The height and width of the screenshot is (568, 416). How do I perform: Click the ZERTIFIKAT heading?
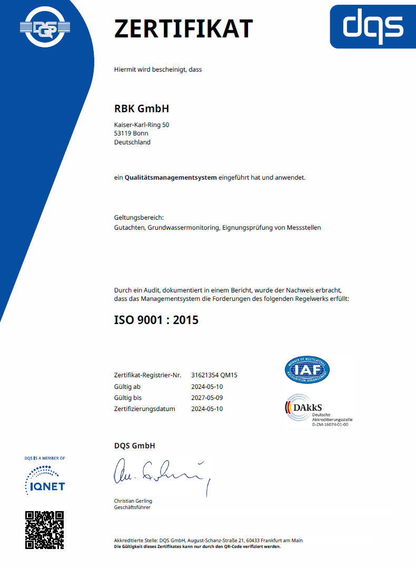coord(183,28)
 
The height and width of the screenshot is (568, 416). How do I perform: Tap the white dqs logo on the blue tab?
coord(373,27)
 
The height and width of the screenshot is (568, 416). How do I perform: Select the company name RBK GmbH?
coord(142,109)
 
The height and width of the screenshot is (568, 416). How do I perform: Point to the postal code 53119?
coord(123,133)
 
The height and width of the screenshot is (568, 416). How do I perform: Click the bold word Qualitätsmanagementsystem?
coord(171,178)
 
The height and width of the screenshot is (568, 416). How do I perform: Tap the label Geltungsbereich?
coord(139,217)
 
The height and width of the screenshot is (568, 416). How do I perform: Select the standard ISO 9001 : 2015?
coord(156,319)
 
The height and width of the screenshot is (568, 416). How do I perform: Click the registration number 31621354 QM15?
coord(214,375)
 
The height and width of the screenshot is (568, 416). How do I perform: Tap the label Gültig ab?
coord(128,387)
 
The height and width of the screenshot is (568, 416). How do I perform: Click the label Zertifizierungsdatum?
coord(145,409)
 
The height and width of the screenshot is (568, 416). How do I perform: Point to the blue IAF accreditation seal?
coord(308,370)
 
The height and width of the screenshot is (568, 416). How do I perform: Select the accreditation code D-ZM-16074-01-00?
coord(330,425)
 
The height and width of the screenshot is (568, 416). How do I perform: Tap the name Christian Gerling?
coord(133,501)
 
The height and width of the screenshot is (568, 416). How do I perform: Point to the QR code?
coord(45,530)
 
